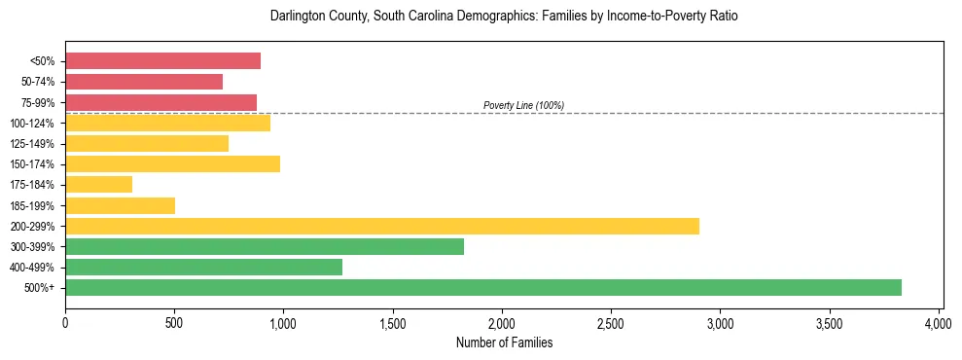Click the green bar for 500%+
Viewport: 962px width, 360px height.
click(483, 287)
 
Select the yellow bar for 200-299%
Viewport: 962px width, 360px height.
click(382, 226)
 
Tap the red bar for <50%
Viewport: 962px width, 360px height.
click(162, 60)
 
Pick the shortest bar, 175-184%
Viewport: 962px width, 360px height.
click(98, 184)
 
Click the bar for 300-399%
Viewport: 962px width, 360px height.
click(265, 246)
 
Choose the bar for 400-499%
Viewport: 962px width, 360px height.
click(203, 267)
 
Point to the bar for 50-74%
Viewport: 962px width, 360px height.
click(144, 82)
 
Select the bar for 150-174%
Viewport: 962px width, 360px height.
click(172, 163)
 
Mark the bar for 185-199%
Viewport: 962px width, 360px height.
click(120, 205)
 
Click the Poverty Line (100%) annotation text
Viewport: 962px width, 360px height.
click(523, 105)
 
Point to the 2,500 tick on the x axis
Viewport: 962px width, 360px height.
click(611, 322)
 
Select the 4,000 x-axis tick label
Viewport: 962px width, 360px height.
click(939, 322)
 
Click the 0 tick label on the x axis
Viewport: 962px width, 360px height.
click(65, 322)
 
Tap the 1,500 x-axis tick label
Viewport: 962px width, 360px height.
click(393, 322)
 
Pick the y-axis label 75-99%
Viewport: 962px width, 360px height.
click(38, 103)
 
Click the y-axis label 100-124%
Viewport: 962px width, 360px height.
click(34, 124)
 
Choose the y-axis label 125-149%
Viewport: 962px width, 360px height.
click(34, 144)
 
